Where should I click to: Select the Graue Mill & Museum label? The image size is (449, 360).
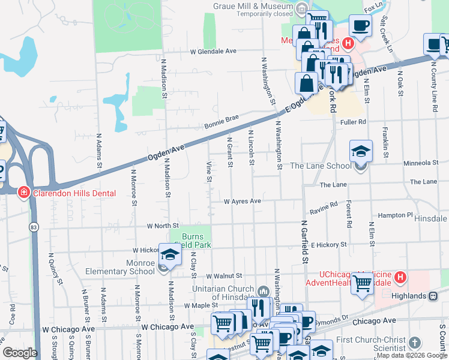[252, 7]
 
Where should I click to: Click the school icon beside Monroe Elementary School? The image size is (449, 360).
[170, 256]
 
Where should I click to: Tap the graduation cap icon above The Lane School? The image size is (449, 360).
[361, 151]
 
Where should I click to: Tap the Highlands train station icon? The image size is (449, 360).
[432, 296]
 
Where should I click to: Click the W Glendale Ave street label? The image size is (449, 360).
[212, 52]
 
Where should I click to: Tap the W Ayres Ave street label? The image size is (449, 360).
[243, 201]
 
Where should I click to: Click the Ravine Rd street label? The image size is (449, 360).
[324, 208]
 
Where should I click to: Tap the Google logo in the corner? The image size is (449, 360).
[20, 353]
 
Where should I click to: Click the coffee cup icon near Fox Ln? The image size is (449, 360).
[361, 25]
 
